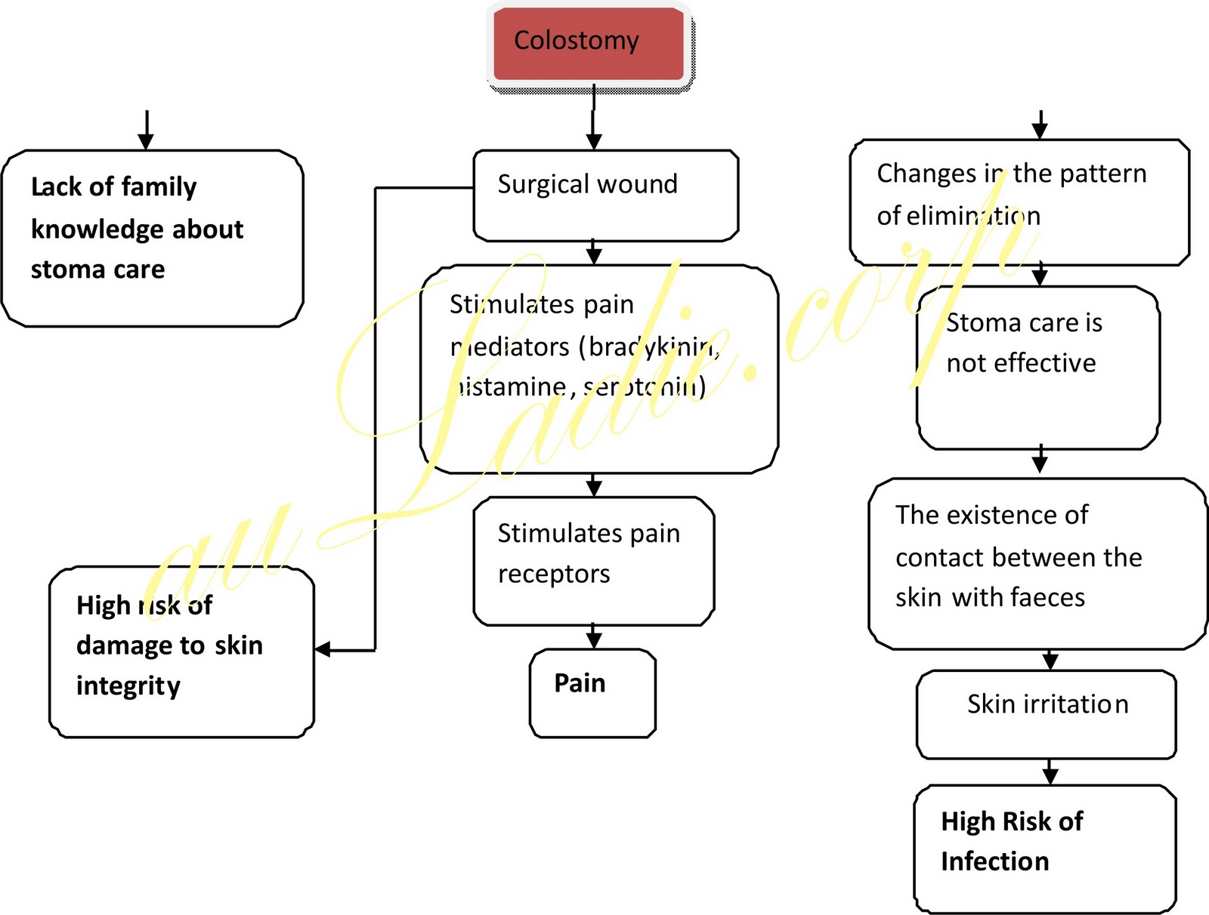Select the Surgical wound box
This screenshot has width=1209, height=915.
point(604,195)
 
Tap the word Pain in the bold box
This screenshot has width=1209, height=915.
point(580,683)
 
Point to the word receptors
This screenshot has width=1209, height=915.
point(554,575)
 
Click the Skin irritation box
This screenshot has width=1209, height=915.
point(1047,713)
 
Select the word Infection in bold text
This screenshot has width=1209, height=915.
point(994,861)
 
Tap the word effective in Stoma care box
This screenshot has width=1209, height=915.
point(1045,364)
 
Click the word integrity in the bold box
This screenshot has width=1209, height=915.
point(128,686)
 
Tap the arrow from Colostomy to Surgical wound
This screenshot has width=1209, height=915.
point(594,128)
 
